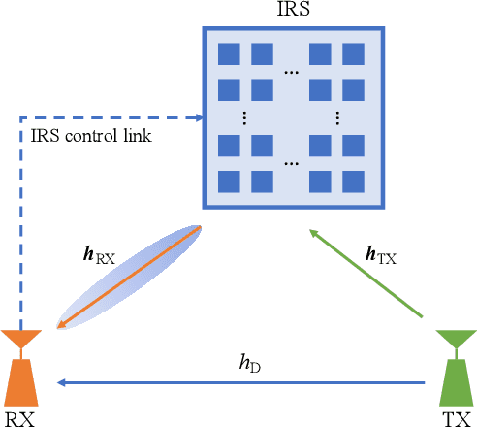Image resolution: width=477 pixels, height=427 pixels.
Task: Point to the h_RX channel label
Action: click(x=99, y=259)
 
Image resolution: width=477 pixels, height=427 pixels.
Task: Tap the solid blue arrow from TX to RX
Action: click(x=242, y=382)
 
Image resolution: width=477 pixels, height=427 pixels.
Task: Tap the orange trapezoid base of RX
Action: click(x=21, y=384)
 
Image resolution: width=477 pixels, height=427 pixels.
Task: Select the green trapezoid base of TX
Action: click(x=452, y=384)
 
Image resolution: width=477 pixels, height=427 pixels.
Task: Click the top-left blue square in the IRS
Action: click(x=229, y=55)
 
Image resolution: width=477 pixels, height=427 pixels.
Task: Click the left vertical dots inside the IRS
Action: click(x=244, y=118)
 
